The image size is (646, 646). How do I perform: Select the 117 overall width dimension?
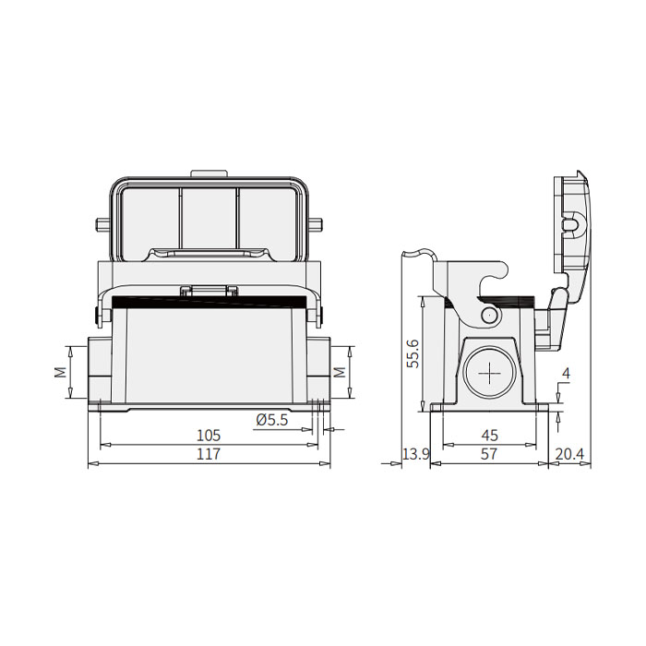(x=208, y=455)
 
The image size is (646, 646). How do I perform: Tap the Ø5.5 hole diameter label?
(x=272, y=420)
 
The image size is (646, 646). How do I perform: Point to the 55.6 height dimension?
(x=413, y=353)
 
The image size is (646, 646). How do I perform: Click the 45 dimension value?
(x=489, y=435)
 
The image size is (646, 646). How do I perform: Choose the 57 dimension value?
(x=489, y=455)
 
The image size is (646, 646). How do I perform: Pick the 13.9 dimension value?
(x=416, y=455)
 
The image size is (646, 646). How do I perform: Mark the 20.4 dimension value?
(x=570, y=455)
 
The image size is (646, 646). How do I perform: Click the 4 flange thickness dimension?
(x=566, y=375)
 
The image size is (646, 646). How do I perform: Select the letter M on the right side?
(x=339, y=372)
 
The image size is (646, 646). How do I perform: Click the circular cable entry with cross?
(x=487, y=374)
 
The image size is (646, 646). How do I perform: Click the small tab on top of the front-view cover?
(x=209, y=173)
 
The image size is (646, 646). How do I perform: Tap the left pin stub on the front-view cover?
(x=102, y=224)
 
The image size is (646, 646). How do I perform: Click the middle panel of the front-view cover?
(x=209, y=214)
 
